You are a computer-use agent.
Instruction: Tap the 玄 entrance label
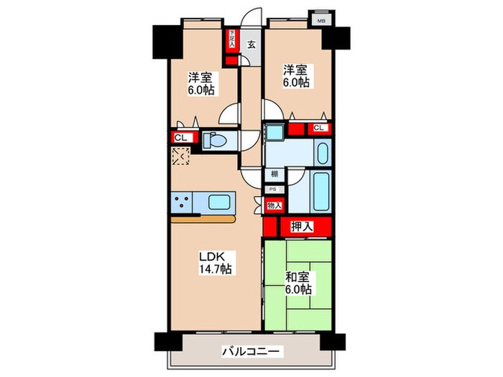point(251,45)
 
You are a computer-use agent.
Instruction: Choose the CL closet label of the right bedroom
point(318,129)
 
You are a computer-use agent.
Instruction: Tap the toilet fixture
point(216,140)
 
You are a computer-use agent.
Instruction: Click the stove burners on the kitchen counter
point(180,203)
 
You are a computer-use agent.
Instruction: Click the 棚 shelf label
point(274,174)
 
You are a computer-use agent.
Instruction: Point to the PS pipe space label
point(272,190)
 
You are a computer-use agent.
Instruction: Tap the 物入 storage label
point(274,206)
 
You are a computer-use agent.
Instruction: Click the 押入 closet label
point(301,227)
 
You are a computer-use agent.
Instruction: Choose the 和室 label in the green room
point(297,276)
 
